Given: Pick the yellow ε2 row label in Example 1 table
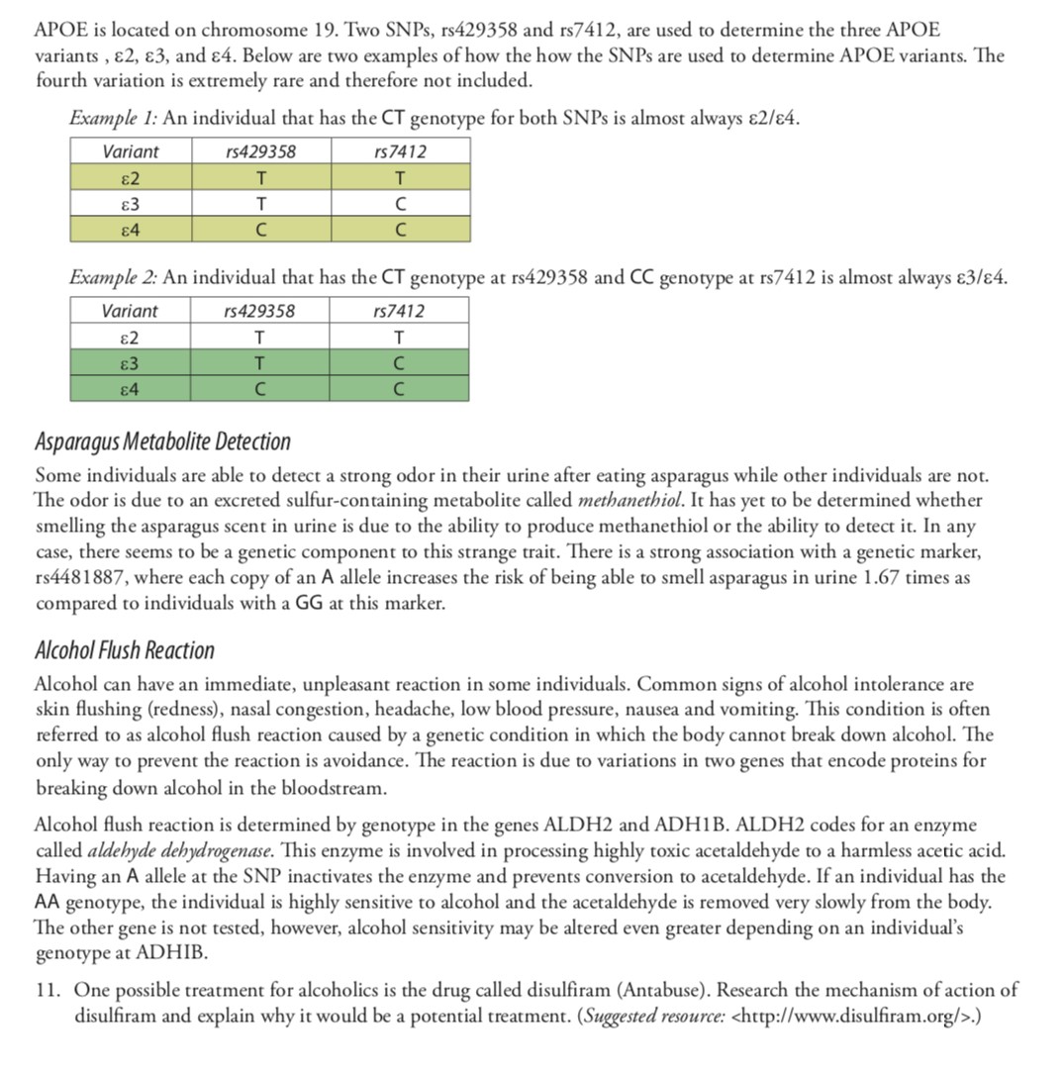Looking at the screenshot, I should (x=130, y=178).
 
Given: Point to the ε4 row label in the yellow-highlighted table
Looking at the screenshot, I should (x=130, y=230).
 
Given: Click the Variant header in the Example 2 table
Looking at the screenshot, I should (x=130, y=311).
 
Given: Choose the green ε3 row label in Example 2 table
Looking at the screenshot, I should (x=130, y=363).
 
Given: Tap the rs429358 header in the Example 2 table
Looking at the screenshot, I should (x=259, y=311).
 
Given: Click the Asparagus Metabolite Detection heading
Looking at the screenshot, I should (x=162, y=441).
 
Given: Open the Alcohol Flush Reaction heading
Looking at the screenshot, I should (x=124, y=650).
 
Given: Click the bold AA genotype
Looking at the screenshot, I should (x=48, y=903).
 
